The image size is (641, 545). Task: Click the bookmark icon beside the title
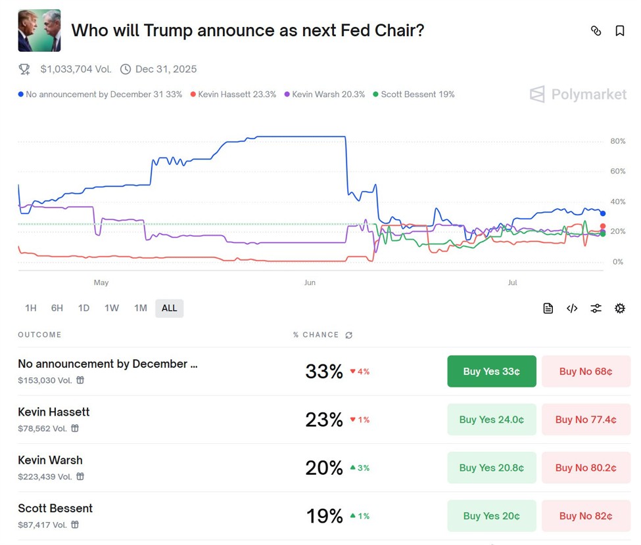[x=619, y=31]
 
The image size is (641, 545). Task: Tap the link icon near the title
[x=596, y=31]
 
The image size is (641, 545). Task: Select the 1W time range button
[x=112, y=308]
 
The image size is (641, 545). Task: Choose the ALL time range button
[x=169, y=308]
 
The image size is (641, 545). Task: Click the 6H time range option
[x=57, y=308]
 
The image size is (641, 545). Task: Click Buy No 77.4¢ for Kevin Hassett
[x=586, y=420]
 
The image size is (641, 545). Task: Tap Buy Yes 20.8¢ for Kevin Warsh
[x=491, y=468]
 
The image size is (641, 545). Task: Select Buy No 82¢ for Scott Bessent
[x=586, y=516]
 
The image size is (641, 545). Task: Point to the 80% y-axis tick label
[x=617, y=141]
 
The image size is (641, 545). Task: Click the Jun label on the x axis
[x=310, y=283]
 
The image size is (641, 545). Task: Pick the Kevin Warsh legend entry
[x=325, y=95]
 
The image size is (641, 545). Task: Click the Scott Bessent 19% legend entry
[x=414, y=95]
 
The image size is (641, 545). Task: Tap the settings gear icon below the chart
[x=619, y=308]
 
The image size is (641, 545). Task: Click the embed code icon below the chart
[x=572, y=308]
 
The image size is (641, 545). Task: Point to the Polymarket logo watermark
[x=579, y=95]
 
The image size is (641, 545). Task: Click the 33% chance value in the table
[x=323, y=372]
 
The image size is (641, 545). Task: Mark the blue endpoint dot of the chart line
[x=603, y=213]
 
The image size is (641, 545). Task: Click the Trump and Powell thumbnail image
[x=39, y=31]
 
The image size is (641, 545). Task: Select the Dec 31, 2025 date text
[x=166, y=69]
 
